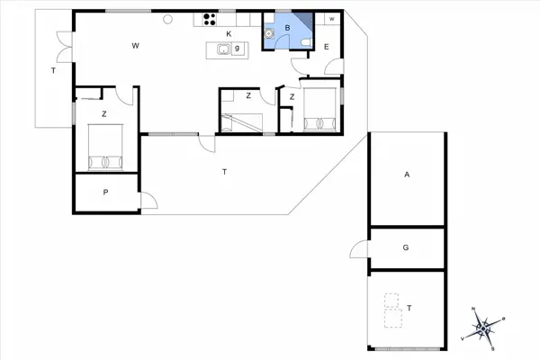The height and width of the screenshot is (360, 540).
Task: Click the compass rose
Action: click(486, 326)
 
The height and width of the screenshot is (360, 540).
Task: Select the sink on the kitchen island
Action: click(223, 49)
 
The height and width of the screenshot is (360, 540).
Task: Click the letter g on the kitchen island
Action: click(237, 49)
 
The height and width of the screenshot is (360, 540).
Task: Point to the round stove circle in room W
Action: click(167, 19)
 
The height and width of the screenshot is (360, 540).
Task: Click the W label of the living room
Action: click(135, 45)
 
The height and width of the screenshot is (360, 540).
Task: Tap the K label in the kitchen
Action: click(229, 34)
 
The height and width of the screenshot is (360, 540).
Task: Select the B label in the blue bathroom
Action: click(286, 28)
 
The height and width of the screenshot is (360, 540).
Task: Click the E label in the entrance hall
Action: click(326, 47)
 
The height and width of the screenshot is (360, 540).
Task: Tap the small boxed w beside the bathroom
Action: click(331, 19)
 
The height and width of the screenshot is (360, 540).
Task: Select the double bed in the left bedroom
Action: click(105, 147)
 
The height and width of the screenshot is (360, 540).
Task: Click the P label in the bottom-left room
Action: click(105, 192)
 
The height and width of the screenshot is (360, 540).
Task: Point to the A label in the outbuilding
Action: click(407, 175)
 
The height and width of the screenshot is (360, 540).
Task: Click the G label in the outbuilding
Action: click(407, 246)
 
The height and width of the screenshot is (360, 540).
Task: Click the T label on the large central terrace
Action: click(224, 171)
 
